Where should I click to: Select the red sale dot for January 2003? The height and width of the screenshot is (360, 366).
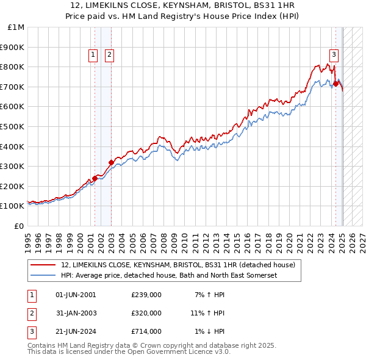pyautogui.click(x=111, y=162)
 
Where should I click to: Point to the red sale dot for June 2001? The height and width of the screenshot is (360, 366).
pyautogui.click(x=95, y=178)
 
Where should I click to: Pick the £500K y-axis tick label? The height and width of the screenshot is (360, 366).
pyautogui.click(x=13, y=127)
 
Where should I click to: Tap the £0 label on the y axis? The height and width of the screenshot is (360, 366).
pyautogui.click(x=20, y=226)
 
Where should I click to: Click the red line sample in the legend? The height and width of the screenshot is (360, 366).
pyautogui.click(x=44, y=265)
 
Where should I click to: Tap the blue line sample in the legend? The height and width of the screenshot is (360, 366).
pyautogui.click(x=44, y=276)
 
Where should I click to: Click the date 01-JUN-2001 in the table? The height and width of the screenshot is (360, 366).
pyautogui.click(x=76, y=295)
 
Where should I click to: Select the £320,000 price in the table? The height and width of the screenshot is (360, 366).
pyautogui.click(x=146, y=313)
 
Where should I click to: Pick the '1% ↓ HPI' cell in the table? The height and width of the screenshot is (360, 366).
pyautogui.click(x=210, y=331)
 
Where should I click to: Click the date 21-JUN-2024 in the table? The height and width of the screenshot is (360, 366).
pyautogui.click(x=76, y=331)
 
